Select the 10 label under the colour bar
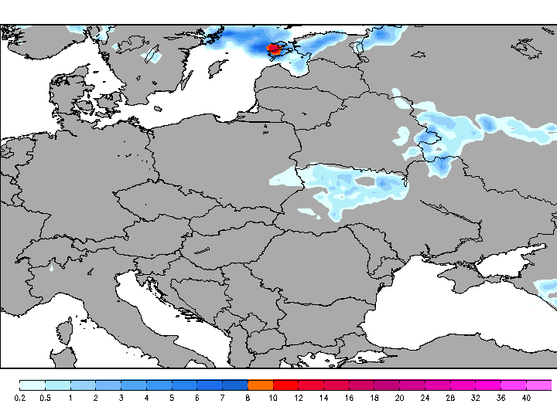point(273,398)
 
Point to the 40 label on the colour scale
point(526,398)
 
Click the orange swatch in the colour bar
point(261,385)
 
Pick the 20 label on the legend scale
point(399,398)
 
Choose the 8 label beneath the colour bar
point(248,398)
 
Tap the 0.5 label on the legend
point(45,398)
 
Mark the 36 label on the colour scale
point(501,398)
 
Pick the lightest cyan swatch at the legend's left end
point(32,385)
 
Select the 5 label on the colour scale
point(172,398)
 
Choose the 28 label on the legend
point(450,398)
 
